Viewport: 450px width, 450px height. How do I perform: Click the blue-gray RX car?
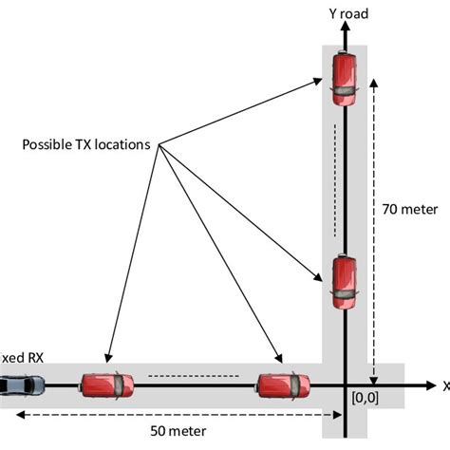coord(20,385)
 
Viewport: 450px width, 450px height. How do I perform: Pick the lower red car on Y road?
coord(343,282)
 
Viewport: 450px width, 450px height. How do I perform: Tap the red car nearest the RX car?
coord(105,385)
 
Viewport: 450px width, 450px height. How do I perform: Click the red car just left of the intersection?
coord(284,385)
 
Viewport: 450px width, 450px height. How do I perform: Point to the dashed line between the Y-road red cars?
coord(334,180)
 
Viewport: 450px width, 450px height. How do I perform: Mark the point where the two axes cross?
coord(343,385)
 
